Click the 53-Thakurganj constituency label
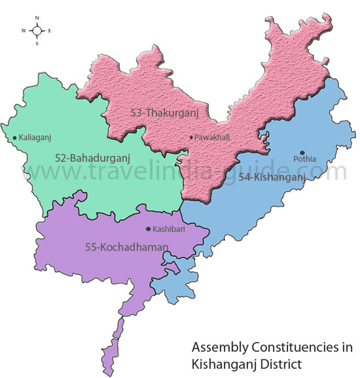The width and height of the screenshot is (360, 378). [x=164, y=113]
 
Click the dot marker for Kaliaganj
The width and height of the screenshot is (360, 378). [x=14, y=138]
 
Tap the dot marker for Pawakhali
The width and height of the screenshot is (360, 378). [x=190, y=138]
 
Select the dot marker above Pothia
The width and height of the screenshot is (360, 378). [x=302, y=152]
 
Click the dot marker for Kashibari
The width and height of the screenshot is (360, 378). [x=148, y=230]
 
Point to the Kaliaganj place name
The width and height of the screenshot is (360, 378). [x=35, y=138]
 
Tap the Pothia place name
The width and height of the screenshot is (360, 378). [x=304, y=159]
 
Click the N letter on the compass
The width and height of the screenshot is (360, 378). [x=37, y=18]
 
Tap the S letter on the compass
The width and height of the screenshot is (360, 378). [x=37, y=44]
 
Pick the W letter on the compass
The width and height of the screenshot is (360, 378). [x=24, y=31]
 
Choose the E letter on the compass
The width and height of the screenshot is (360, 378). [x=50, y=31]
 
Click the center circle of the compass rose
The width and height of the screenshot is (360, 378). [x=37, y=31]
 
